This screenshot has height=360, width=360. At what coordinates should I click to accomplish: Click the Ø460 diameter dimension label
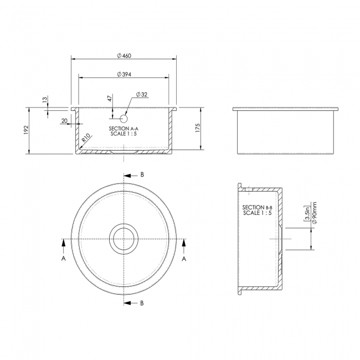124,56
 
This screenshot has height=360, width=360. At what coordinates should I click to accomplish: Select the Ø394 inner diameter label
124,74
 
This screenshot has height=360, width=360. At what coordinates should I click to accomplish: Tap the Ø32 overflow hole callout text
142,94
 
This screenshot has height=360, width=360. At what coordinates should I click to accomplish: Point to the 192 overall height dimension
25,130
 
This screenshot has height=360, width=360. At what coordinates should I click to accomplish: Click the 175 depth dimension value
198,128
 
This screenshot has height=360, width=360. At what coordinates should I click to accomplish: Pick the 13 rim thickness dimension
45,99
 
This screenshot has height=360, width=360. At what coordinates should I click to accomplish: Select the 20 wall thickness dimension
64,121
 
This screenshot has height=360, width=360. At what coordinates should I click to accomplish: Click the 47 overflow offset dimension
110,98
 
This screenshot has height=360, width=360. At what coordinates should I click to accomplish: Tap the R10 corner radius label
86,138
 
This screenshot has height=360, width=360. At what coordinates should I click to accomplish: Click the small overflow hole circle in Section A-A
124,119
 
